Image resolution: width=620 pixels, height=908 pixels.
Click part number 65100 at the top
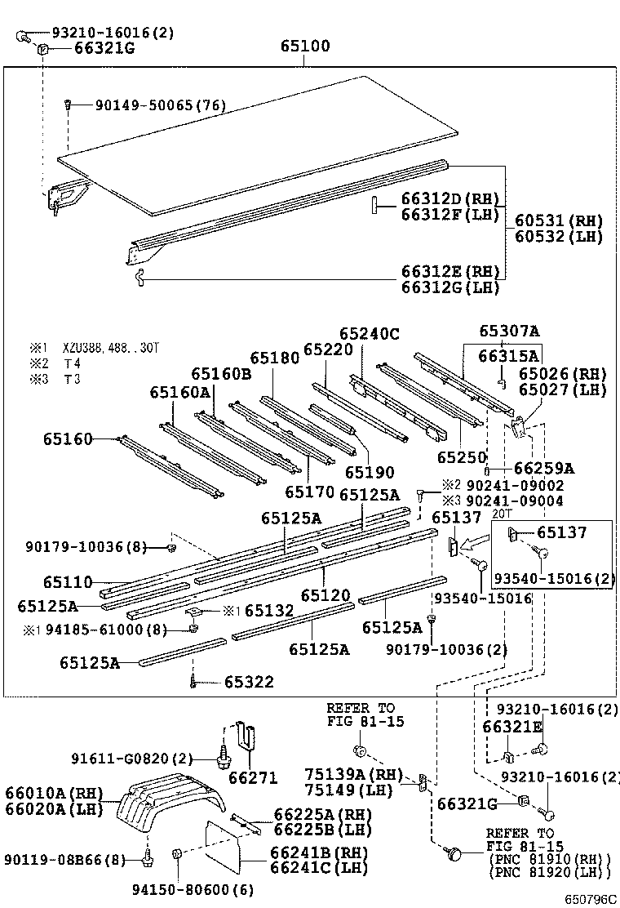click(305, 47)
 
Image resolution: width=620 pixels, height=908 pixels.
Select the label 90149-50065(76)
click(160, 105)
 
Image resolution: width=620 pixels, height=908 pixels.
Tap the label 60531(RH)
click(559, 220)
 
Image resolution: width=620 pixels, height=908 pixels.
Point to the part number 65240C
click(369, 333)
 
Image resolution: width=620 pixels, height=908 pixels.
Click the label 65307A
click(509, 331)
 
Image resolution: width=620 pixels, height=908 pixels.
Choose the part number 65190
click(369, 472)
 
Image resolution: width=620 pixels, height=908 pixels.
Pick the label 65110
click(68, 581)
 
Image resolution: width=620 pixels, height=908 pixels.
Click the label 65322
click(250, 682)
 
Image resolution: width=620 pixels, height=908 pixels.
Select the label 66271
click(253, 777)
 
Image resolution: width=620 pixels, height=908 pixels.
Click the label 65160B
click(221, 373)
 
